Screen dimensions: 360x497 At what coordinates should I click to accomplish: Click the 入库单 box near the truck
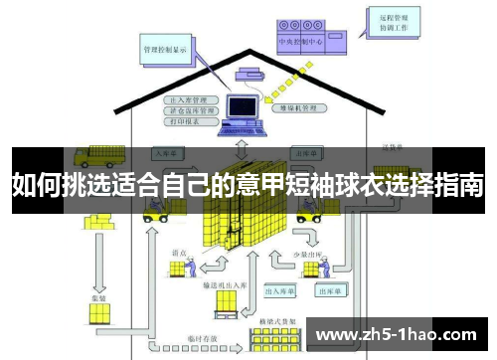click(165, 154)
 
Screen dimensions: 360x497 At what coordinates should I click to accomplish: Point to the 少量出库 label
click(307, 256)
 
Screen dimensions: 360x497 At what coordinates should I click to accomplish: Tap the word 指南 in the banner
click(458, 184)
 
